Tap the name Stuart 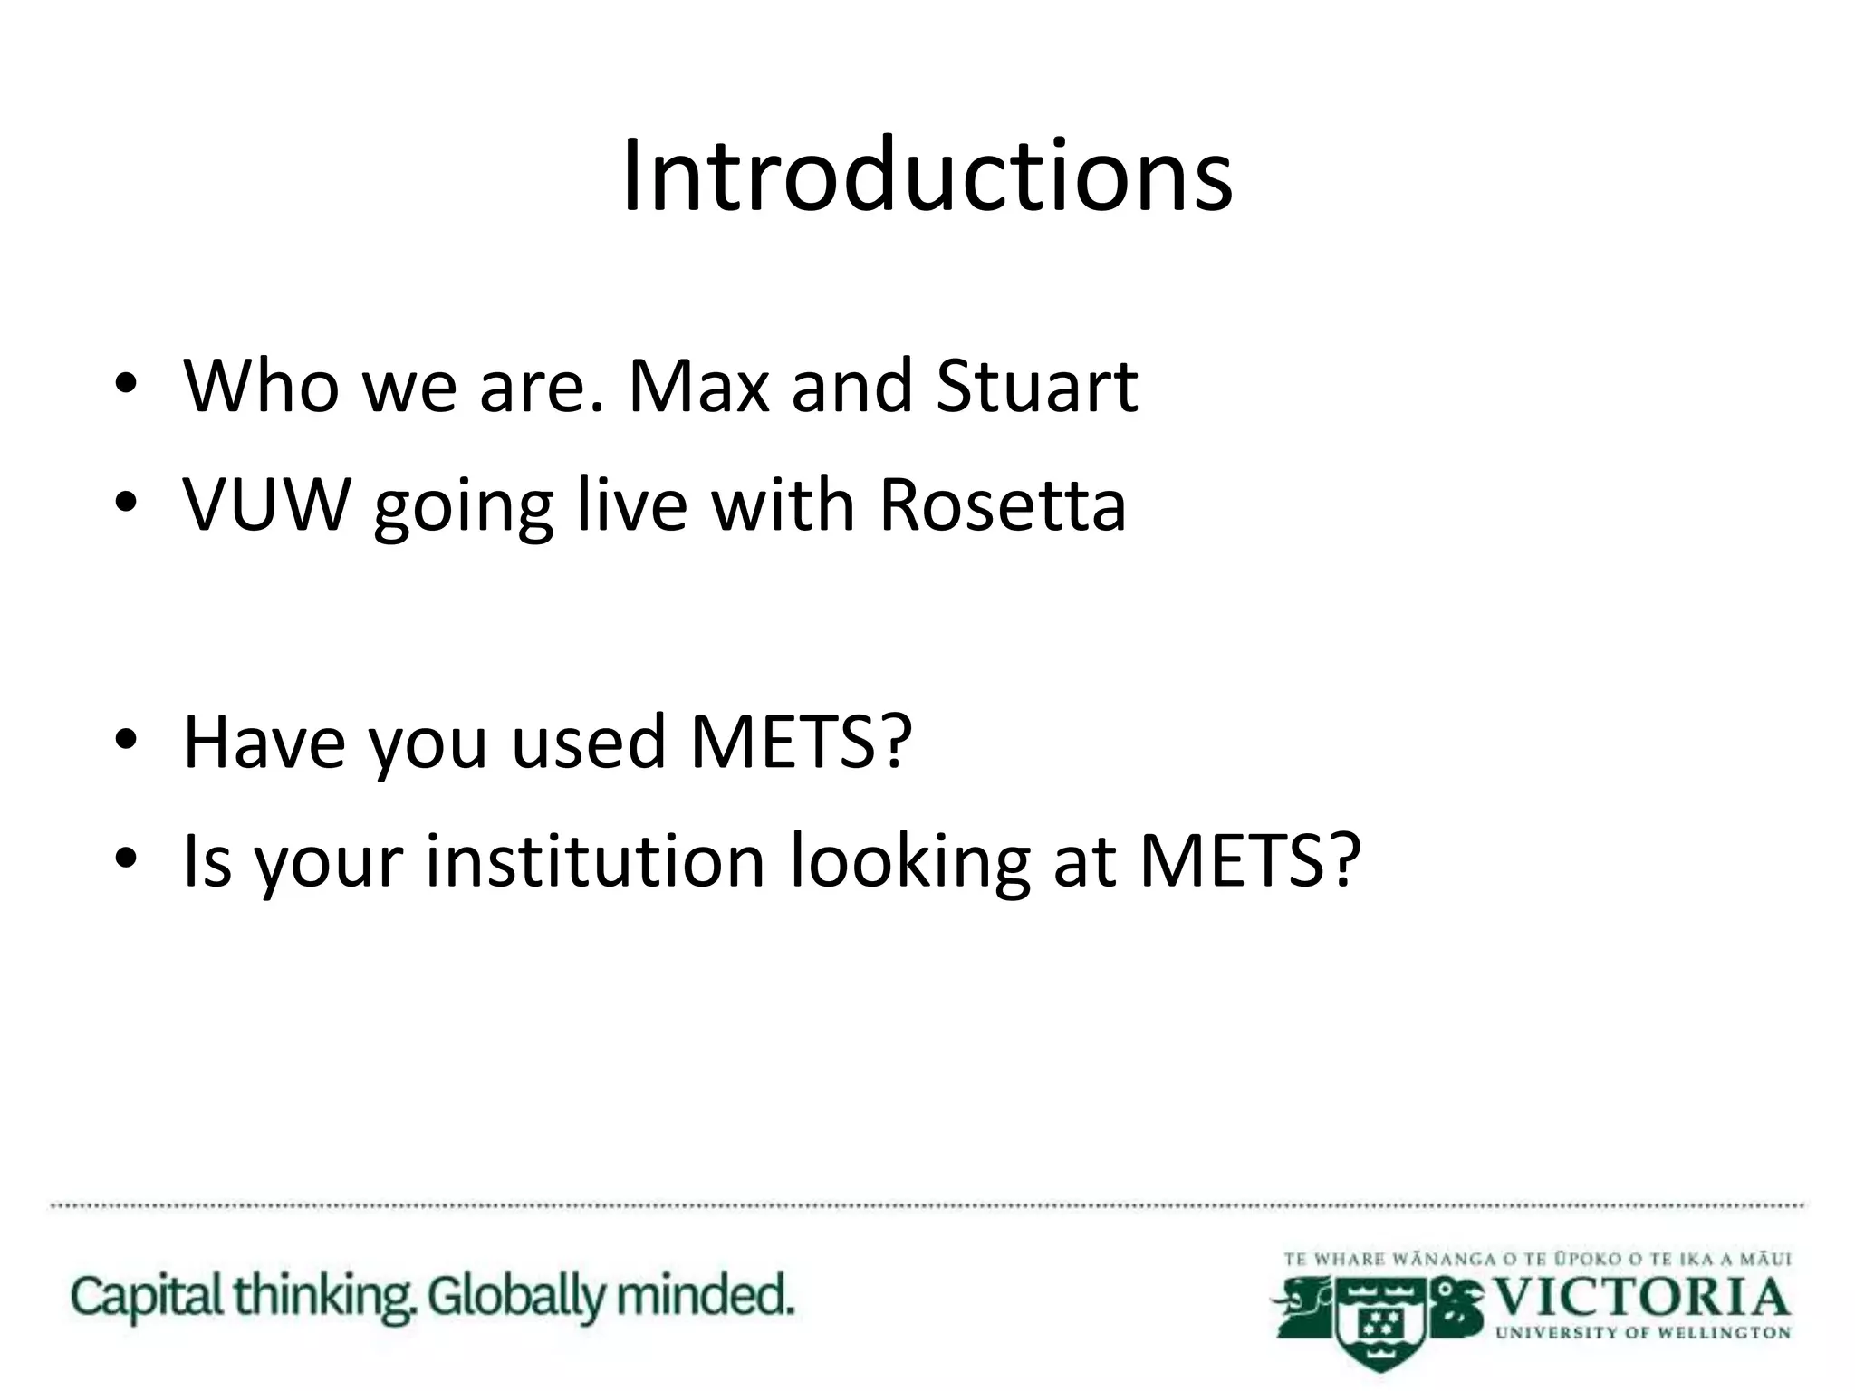(1036, 387)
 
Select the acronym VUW (266, 504)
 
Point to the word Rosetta (1003, 504)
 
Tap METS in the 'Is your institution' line (1250, 860)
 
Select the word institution (596, 860)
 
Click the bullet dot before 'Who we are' (126, 385)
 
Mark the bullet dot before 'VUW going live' (126, 504)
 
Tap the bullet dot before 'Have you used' (126, 741)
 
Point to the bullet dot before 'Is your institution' (126, 859)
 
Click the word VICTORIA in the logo (1640, 1299)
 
